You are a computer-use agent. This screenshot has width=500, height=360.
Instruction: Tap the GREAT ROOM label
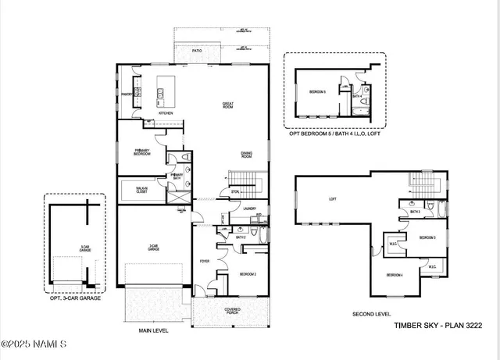[x=229, y=106]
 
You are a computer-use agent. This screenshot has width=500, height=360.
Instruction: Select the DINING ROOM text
[x=246, y=155]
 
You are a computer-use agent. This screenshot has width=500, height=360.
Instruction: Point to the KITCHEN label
[x=166, y=113]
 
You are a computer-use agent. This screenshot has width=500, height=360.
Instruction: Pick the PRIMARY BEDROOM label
[x=141, y=153]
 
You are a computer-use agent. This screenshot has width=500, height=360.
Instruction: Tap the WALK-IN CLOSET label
[x=143, y=190]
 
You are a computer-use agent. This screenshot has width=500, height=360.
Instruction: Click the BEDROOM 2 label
[x=247, y=274]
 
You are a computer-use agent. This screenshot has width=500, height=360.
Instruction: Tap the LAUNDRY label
[x=249, y=209]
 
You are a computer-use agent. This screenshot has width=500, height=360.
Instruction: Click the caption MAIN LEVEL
[x=154, y=330]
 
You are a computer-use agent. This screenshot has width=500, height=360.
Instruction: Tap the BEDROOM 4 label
[x=395, y=275]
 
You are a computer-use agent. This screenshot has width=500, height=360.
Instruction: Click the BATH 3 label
[x=414, y=212]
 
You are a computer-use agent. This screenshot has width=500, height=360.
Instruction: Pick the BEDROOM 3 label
[x=427, y=237]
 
